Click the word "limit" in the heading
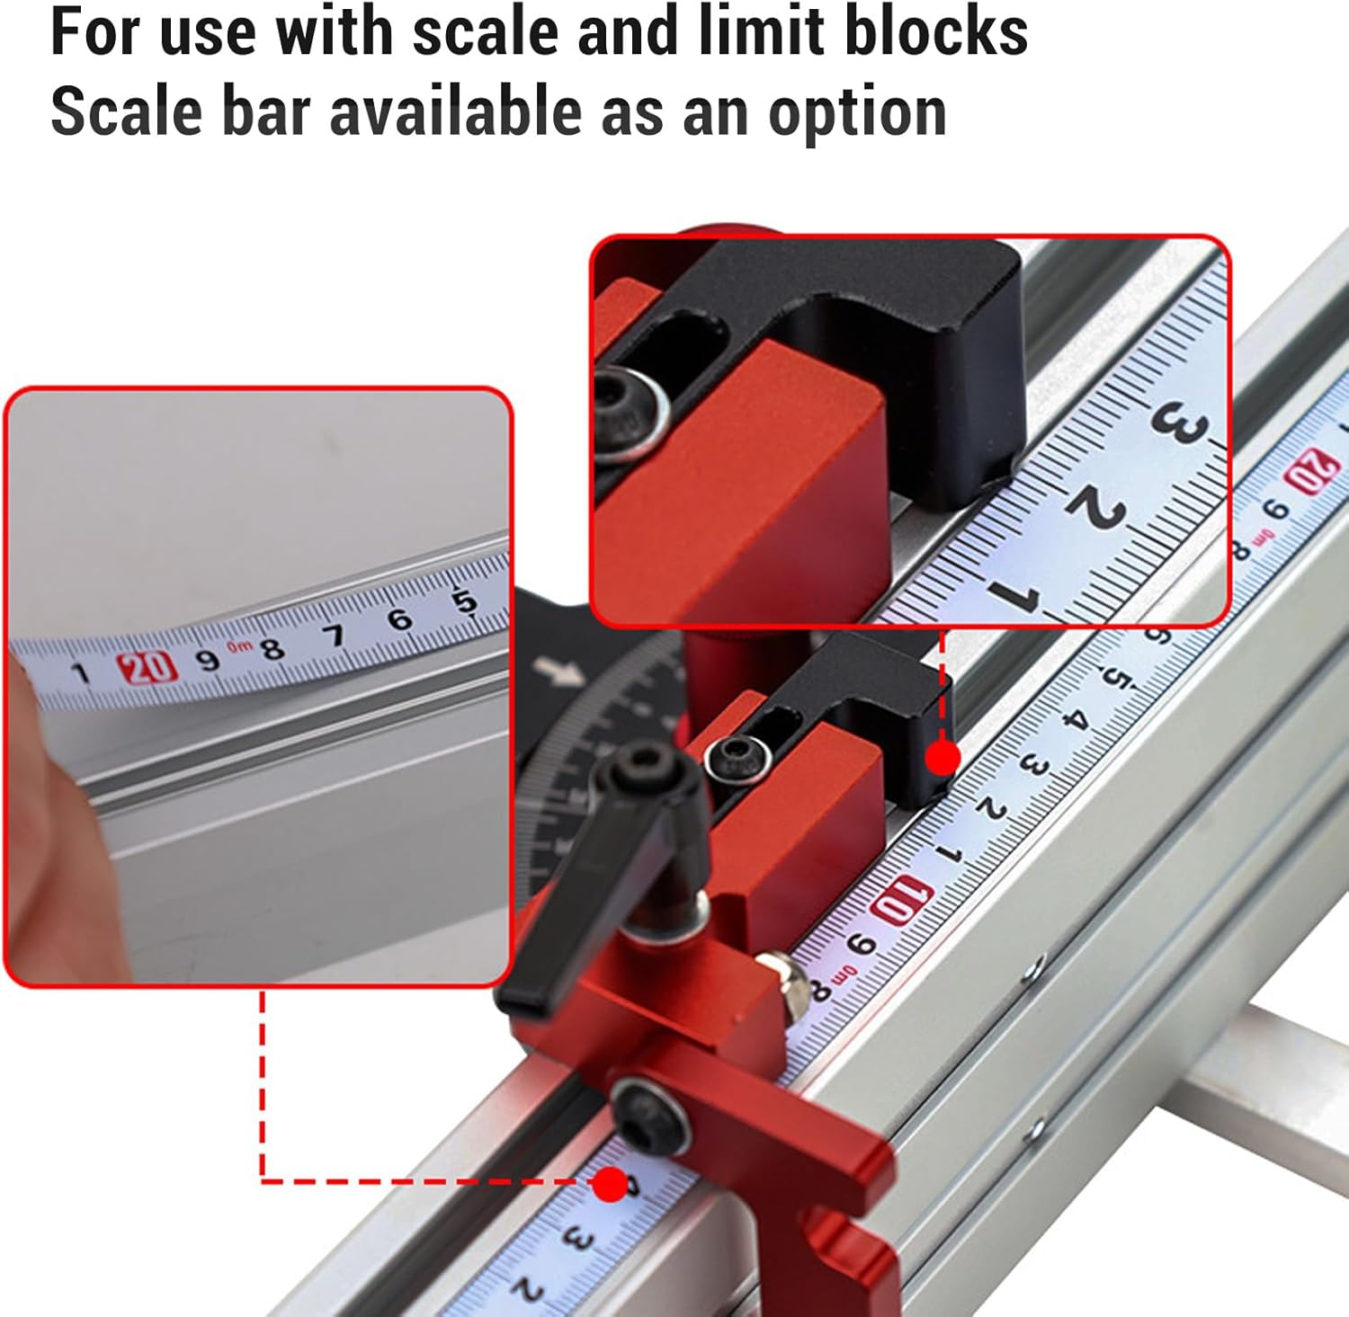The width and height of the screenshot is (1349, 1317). pyautogui.click(x=760, y=31)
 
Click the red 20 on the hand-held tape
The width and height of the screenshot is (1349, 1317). pyautogui.click(x=145, y=668)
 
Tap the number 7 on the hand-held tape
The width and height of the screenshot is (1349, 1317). pyautogui.click(x=335, y=636)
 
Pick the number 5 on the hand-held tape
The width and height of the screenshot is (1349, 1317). pyautogui.click(x=464, y=601)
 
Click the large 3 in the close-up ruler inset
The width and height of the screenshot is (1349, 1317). pyautogui.click(x=1178, y=423)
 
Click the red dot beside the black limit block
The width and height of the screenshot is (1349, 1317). pyautogui.click(x=943, y=758)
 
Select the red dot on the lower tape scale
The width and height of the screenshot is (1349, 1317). pyautogui.click(x=610, y=1184)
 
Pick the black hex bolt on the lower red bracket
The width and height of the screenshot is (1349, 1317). pyautogui.click(x=649, y=1114)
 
